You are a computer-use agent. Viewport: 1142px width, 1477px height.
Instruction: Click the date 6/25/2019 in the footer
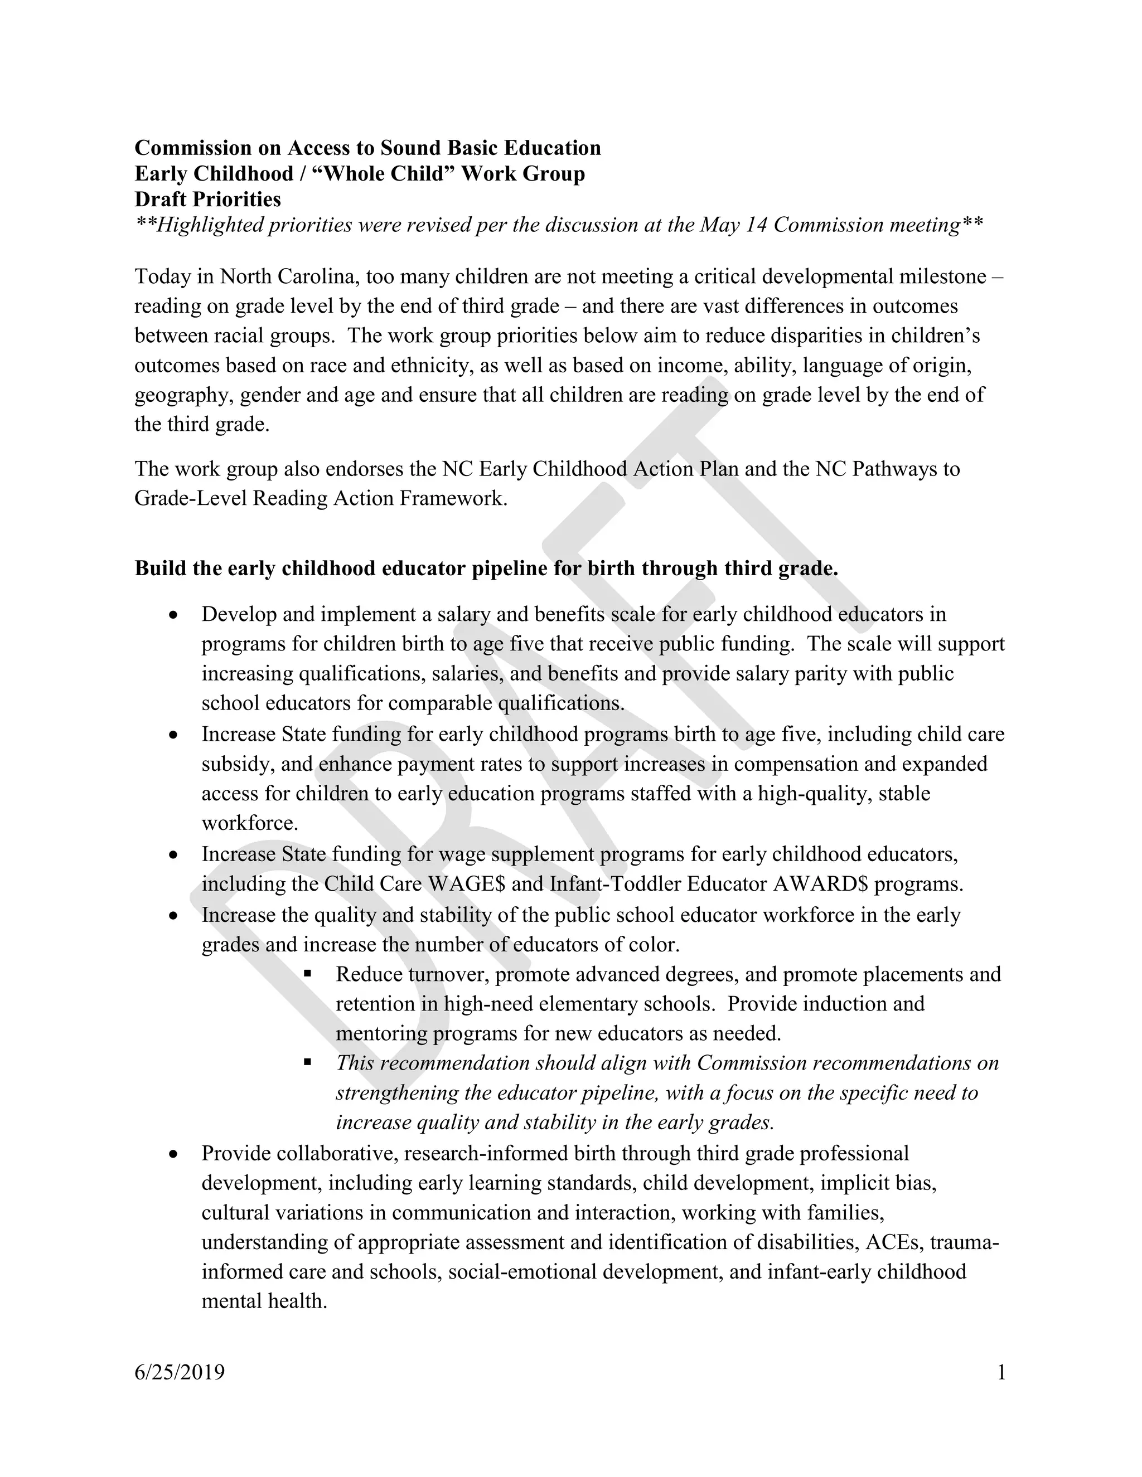click(180, 1372)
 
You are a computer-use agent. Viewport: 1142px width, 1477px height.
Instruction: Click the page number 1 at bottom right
click(1001, 1372)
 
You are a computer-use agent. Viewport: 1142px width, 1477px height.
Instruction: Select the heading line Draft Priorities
click(207, 199)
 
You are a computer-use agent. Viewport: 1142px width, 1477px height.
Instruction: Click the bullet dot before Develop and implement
click(174, 615)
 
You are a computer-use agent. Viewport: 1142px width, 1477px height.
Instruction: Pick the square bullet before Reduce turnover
click(308, 974)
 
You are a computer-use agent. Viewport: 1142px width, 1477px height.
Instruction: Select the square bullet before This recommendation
click(308, 1062)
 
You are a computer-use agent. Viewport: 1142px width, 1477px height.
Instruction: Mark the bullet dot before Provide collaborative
click(174, 1154)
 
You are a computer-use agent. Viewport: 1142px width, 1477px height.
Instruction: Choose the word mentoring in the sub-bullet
click(382, 1033)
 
